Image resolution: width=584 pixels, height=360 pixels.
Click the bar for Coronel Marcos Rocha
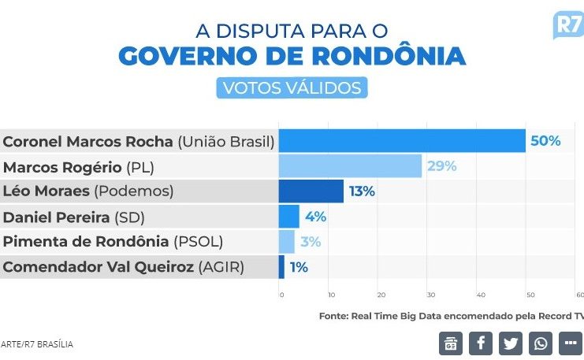click(402, 141)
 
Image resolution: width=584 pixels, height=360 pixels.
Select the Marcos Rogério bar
click(351, 166)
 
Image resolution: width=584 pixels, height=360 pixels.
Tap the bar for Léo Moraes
click(311, 191)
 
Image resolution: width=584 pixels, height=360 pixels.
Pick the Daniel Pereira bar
click(289, 217)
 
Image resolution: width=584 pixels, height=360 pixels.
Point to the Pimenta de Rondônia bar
click(287, 242)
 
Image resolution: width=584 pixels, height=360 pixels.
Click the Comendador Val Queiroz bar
click(282, 267)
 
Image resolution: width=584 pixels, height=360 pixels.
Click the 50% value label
click(545, 141)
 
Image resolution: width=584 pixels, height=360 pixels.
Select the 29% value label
click(441, 166)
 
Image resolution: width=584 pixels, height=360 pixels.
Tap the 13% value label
click(362, 191)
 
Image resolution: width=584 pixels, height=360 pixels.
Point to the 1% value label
click(299, 267)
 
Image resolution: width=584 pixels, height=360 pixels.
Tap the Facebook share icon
click(481, 343)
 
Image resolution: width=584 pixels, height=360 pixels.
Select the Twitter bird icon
click(511, 343)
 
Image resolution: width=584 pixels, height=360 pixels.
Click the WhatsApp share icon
click(541, 343)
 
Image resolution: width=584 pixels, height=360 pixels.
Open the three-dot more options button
click(570, 343)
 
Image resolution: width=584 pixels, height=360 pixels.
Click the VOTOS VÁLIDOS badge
click(292, 87)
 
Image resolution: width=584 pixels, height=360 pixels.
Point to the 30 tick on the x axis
click(431, 295)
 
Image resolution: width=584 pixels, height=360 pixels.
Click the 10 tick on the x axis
click(332, 295)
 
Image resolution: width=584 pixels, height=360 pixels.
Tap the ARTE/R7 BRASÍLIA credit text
click(37, 344)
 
